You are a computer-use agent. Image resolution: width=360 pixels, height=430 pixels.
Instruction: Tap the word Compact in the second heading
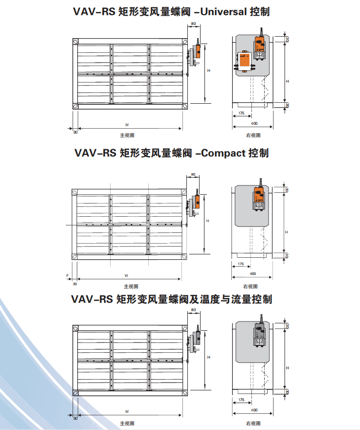223,153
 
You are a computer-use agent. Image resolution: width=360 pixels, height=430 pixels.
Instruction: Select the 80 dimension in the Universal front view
194,23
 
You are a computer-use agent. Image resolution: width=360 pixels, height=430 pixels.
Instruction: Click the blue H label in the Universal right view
288,81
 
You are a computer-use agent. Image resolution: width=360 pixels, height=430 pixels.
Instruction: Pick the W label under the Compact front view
126,275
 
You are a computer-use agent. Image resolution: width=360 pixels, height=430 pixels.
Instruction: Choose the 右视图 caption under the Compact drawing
250,286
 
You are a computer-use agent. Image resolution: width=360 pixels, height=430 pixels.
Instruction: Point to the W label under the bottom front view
126,411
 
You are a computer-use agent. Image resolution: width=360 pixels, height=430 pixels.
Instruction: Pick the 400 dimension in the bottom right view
254,410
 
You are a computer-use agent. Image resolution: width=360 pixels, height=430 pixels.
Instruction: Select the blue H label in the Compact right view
288,231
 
